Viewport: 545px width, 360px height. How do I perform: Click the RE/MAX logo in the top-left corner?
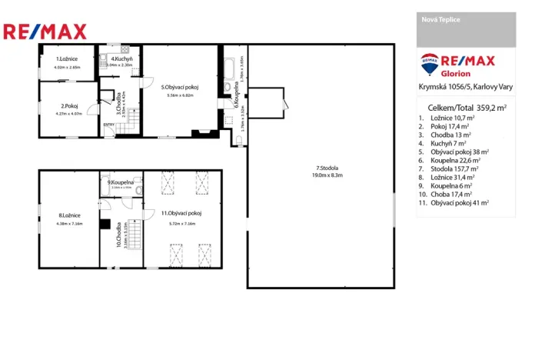45,32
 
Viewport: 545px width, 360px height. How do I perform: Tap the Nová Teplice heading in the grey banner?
441,19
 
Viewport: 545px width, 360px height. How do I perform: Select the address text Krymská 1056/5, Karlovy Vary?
467,89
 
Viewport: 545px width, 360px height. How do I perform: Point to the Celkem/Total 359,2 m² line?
466,108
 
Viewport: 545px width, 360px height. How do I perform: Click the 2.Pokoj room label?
70,106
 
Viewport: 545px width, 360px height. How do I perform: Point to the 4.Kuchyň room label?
122,59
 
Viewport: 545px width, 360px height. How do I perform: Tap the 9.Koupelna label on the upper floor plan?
121,182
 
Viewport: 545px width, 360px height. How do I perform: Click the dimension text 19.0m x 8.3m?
327,175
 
